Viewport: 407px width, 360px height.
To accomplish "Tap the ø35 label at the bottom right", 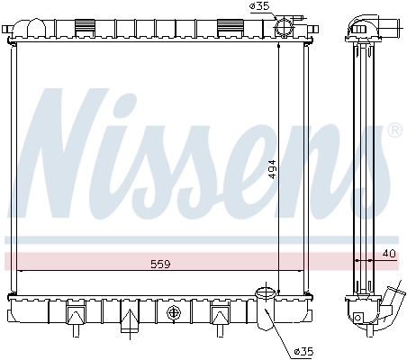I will (x=305, y=351).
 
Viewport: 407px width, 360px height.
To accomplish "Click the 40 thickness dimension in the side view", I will (x=388, y=255).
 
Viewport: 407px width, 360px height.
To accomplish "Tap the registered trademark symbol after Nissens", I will (x=393, y=131).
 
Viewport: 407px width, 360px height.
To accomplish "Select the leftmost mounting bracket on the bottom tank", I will (x=73, y=315).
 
